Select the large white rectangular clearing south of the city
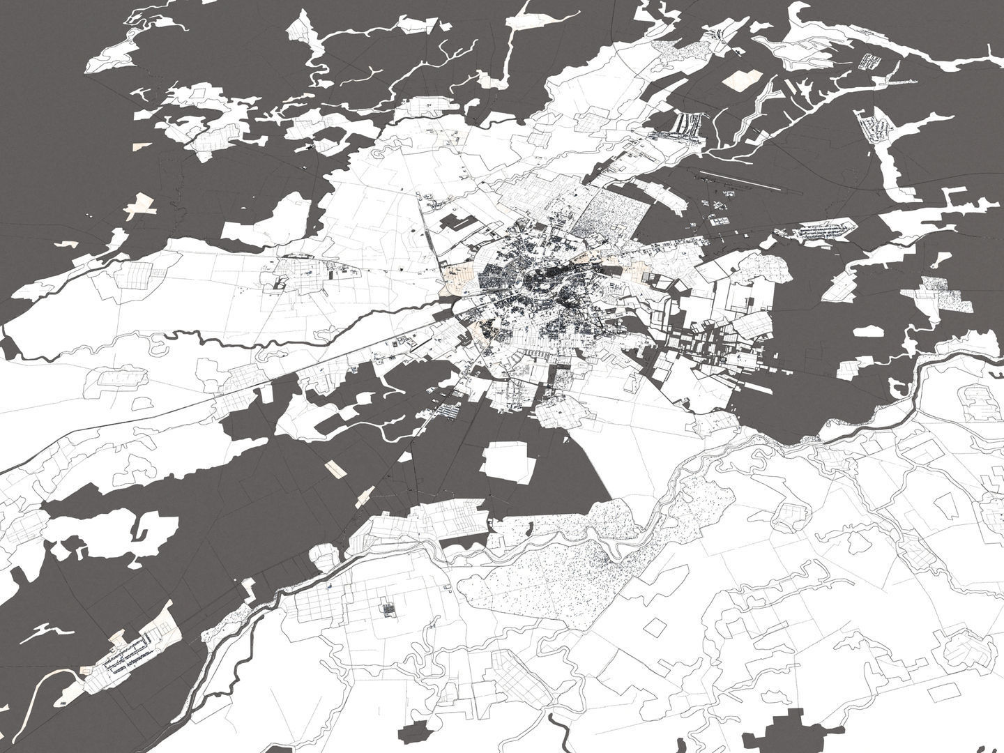(x=510, y=462)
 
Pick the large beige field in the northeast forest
(x=744, y=79)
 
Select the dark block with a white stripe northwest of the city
(x=457, y=223)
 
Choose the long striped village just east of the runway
(x=823, y=230)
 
